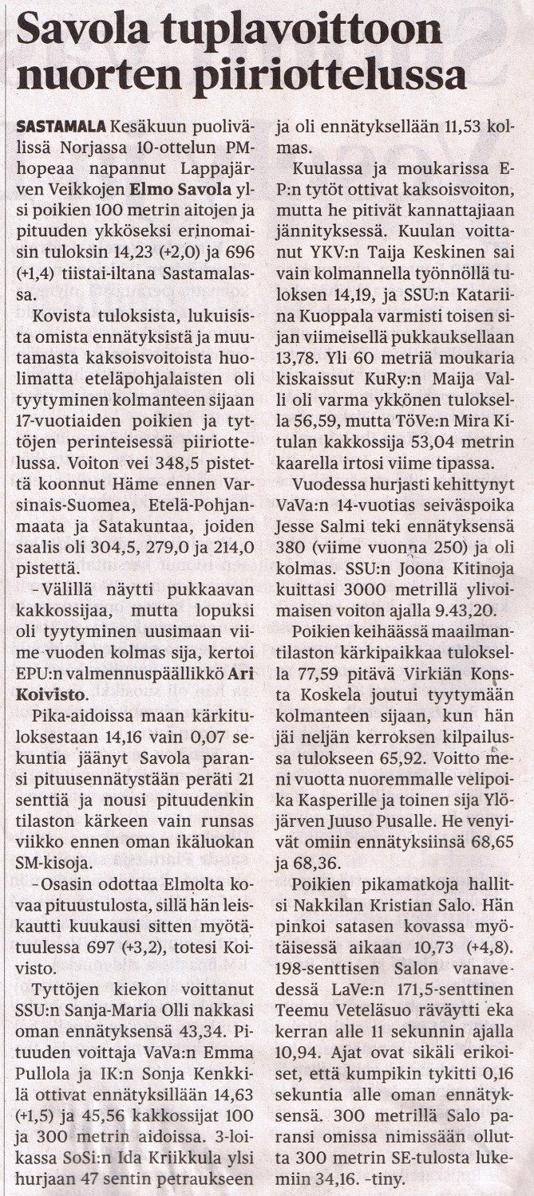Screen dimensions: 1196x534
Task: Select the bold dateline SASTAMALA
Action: click(x=61, y=127)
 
